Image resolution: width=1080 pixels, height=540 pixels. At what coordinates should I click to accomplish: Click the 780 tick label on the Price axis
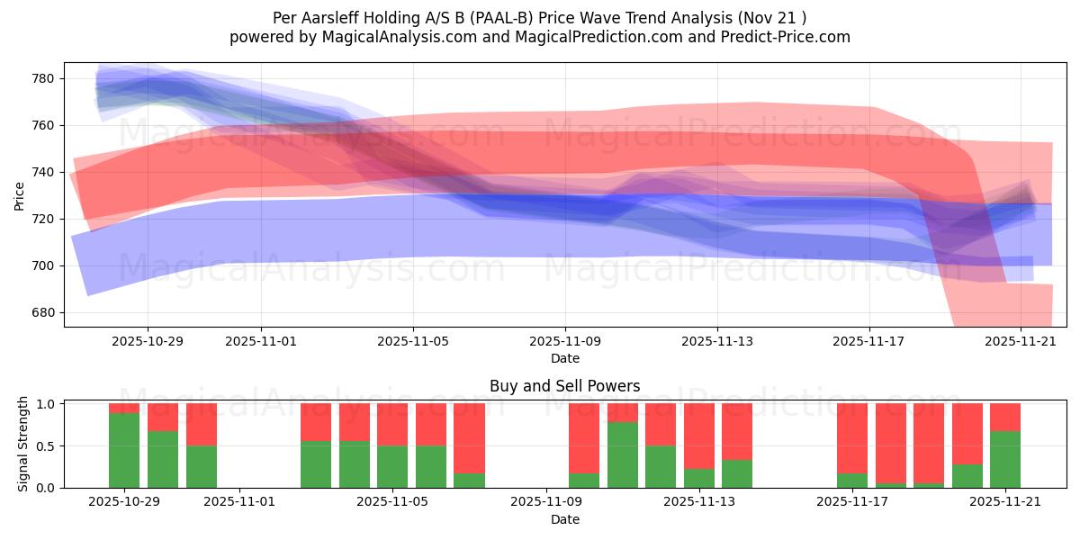43,78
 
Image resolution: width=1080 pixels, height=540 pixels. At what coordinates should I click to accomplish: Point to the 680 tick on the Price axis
43,312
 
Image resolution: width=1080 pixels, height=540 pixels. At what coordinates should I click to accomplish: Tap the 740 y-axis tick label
43,172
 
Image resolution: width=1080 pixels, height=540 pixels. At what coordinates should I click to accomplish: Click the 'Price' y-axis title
19,194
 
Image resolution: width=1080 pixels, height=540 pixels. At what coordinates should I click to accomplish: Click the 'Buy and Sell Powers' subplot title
564,386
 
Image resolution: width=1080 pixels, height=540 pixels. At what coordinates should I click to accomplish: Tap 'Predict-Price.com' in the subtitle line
789,37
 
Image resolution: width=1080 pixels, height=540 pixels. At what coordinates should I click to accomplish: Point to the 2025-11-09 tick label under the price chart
565,341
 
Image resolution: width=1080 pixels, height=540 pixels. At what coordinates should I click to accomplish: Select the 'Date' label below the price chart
564,358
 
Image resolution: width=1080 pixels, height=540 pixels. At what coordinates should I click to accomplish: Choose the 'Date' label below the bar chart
564,519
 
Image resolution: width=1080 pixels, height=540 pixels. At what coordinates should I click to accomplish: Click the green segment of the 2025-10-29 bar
124,450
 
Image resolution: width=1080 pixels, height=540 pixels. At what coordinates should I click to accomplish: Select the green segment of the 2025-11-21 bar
1005,459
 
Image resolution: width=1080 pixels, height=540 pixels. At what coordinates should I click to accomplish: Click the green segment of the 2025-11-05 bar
392,466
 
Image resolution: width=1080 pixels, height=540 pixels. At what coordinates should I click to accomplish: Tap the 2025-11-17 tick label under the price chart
869,341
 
